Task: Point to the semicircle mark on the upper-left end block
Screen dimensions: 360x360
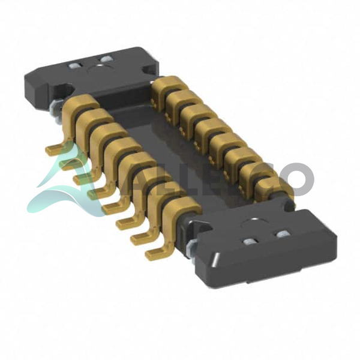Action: pos(100,68)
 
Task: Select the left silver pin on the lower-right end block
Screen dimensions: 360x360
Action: pos(249,241)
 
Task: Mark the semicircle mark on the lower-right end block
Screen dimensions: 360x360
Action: pos(254,221)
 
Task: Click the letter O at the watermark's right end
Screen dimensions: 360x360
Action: pos(298,179)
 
